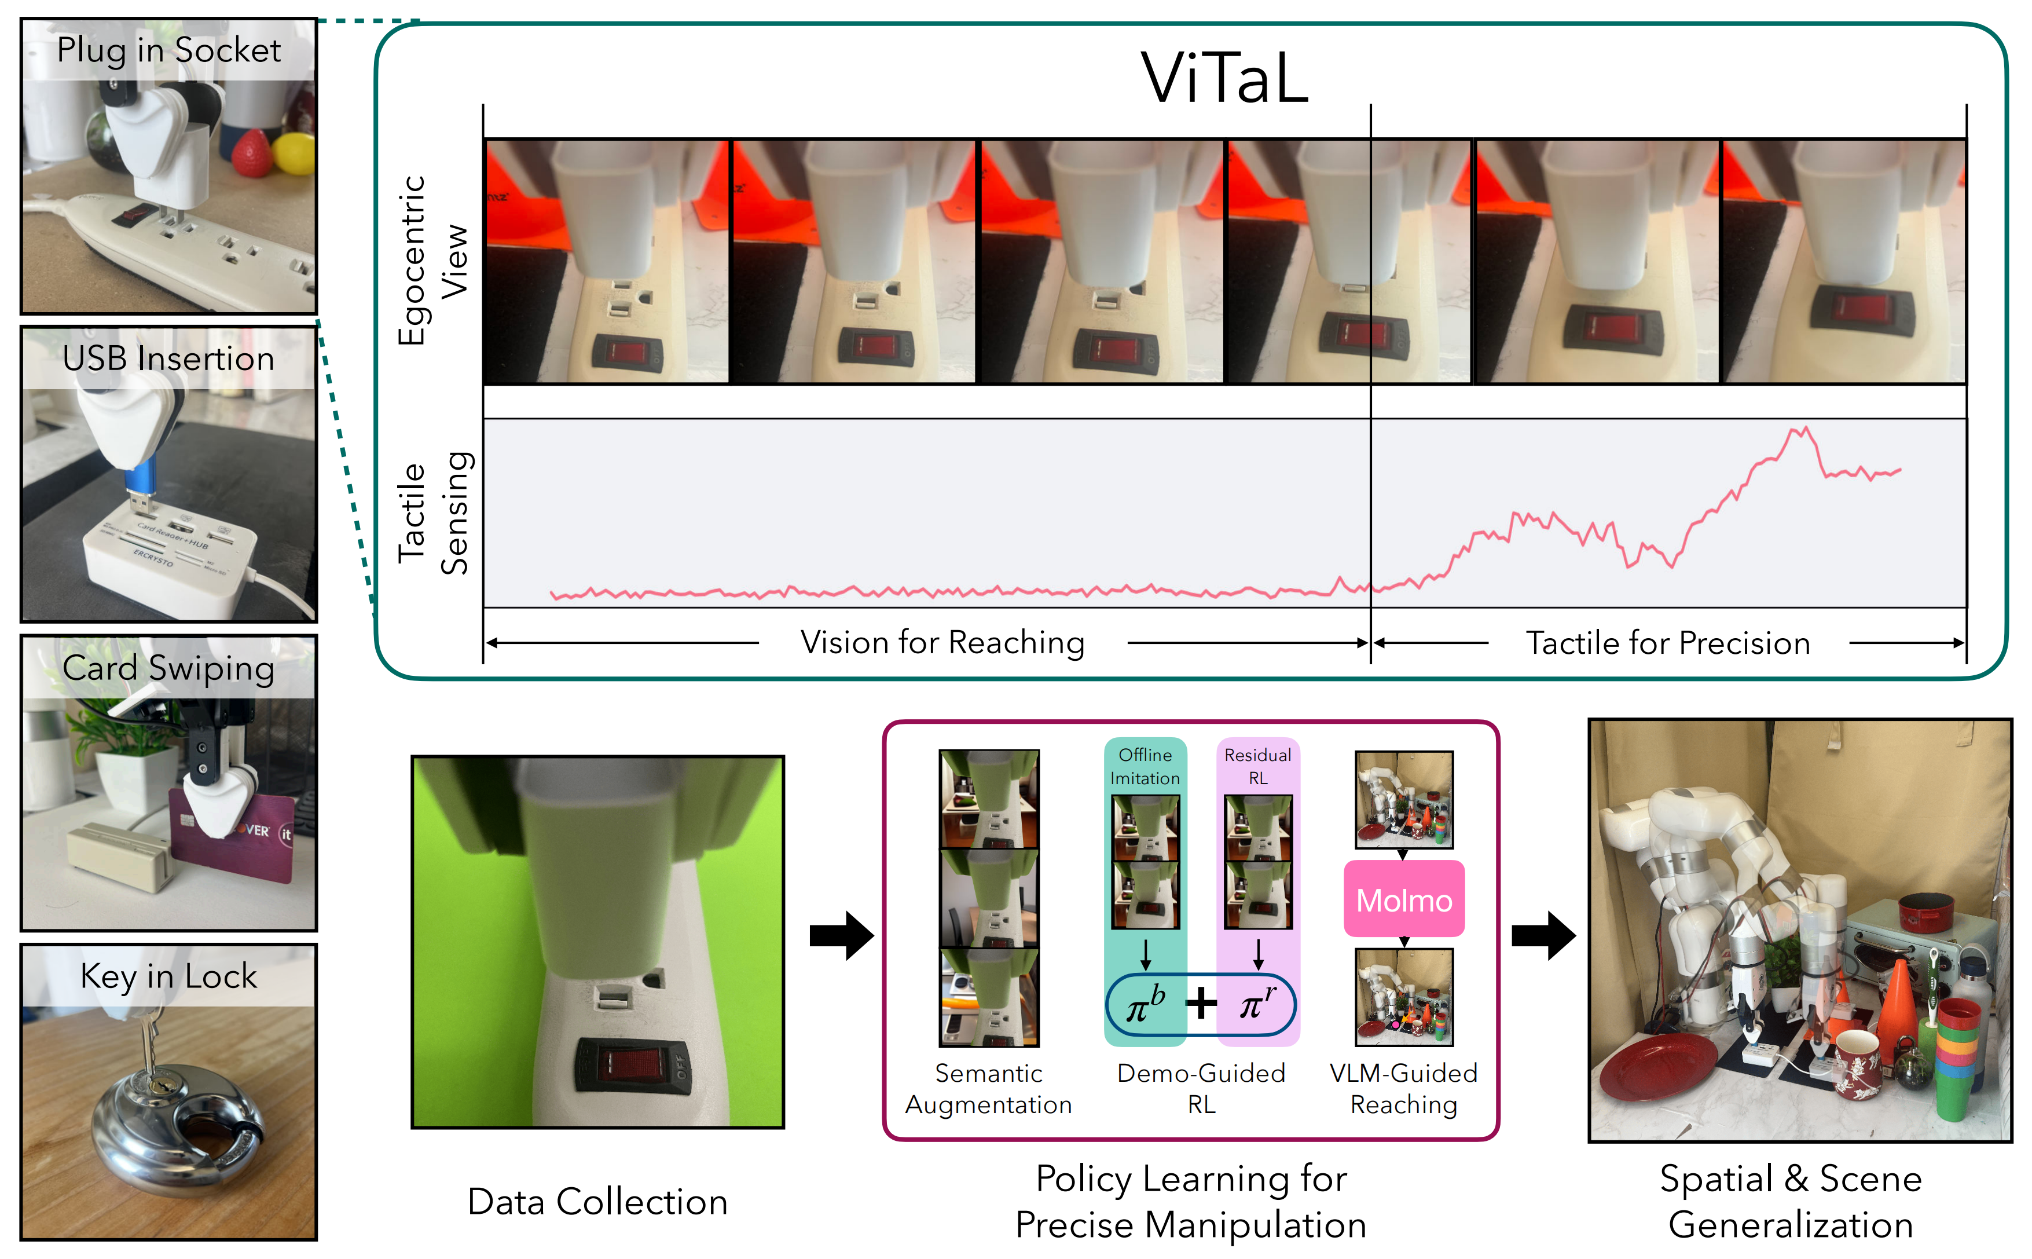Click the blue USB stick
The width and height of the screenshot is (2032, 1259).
click(x=141, y=481)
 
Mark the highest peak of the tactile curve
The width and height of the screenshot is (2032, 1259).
click(x=1806, y=429)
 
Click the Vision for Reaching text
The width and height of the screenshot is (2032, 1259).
click(x=942, y=643)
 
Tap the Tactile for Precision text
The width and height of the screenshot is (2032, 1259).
click(x=1667, y=643)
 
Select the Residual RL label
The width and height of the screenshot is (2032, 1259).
click(x=1258, y=766)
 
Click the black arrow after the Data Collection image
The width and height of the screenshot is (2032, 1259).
click(x=841, y=935)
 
